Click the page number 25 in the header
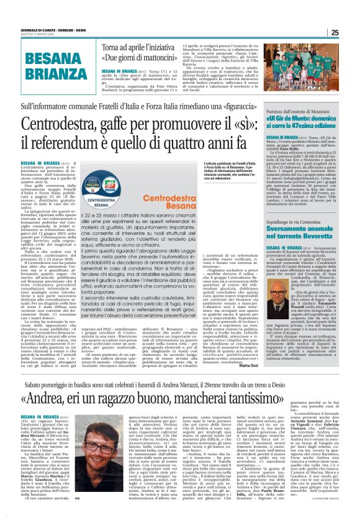click(351, 33)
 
